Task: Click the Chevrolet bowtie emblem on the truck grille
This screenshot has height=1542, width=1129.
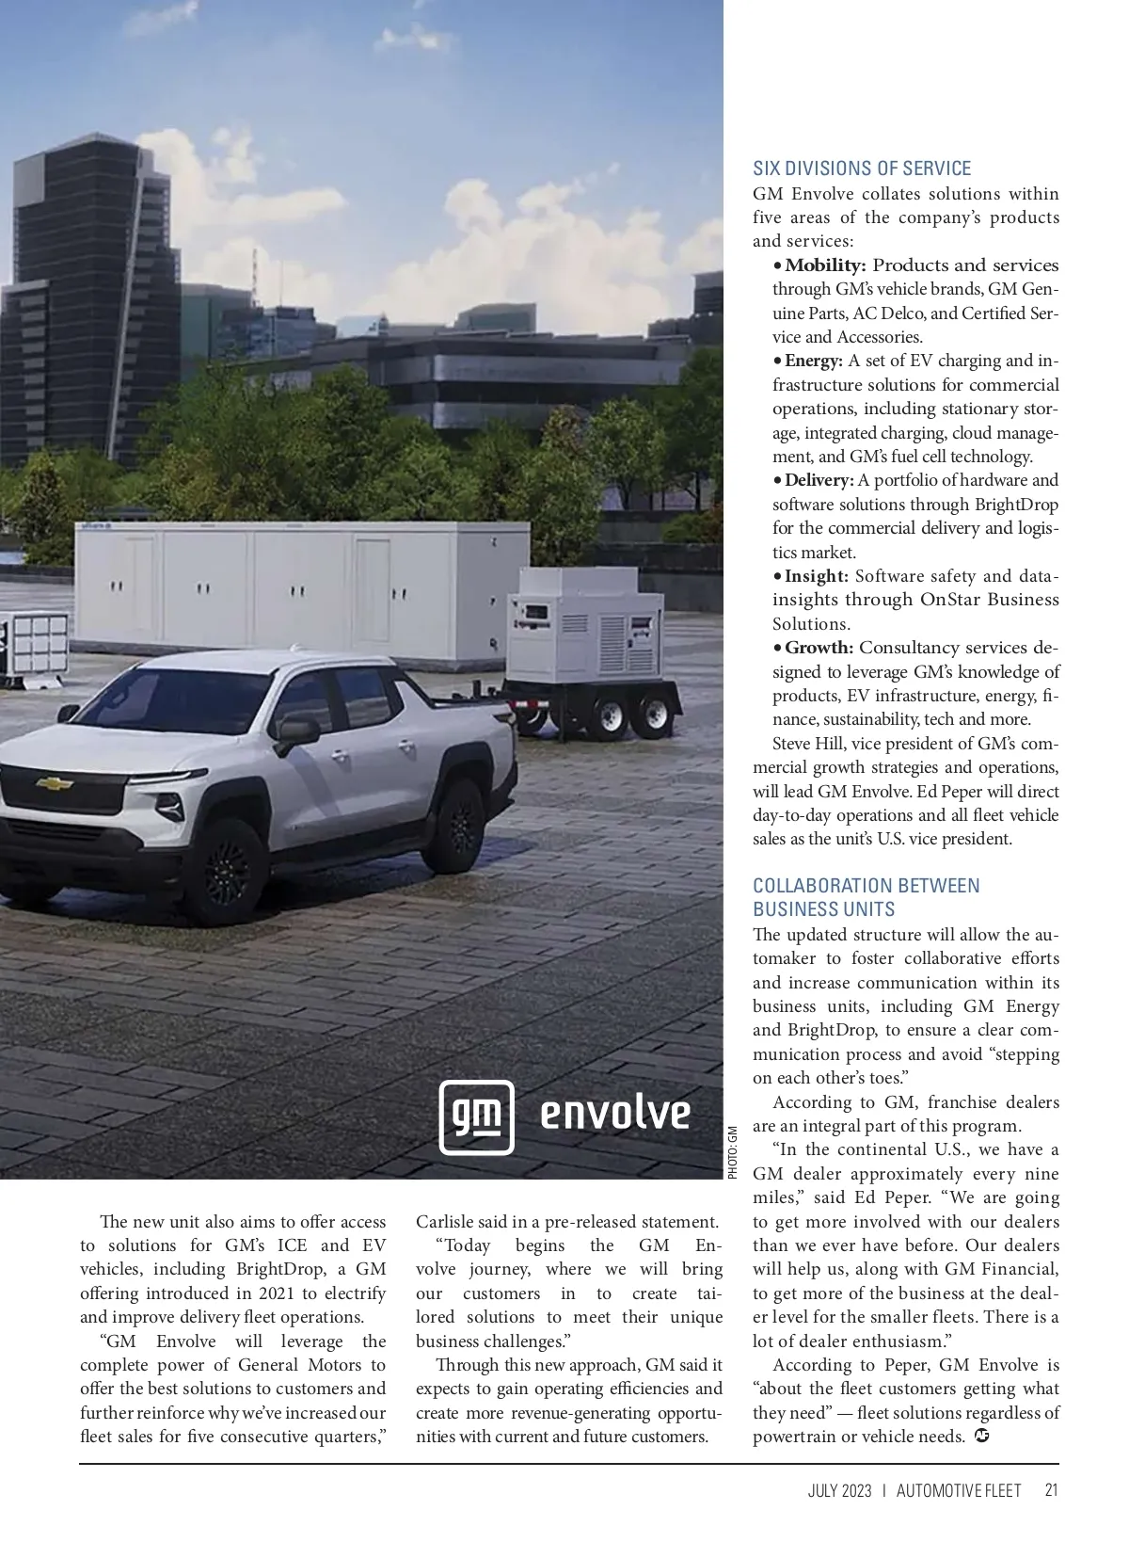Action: point(55,783)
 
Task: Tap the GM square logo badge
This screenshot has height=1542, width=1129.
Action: point(477,1117)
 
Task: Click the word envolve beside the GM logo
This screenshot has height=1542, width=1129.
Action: point(615,1114)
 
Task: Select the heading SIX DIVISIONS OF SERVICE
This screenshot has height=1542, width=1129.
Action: point(862,169)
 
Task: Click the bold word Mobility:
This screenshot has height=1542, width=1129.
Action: point(825,265)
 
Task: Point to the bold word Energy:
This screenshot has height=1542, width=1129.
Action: point(814,361)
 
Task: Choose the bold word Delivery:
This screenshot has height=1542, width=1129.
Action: point(819,480)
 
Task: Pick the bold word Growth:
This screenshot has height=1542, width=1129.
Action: point(819,648)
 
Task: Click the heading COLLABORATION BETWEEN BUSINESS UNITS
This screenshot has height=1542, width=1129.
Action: point(866,897)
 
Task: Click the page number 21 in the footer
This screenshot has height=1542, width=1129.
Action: point(1051,1490)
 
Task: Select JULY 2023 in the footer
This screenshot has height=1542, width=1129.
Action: point(839,1491)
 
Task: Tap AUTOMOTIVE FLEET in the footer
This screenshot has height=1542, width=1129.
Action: point(958,1491)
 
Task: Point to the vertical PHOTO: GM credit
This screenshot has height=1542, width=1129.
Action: point(733,1152)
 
